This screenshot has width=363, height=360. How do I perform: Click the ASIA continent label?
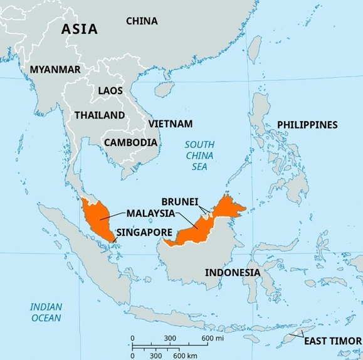79,29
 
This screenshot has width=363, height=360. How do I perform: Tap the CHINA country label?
142,21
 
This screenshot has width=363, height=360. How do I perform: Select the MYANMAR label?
55,70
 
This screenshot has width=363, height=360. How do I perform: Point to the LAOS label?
110,91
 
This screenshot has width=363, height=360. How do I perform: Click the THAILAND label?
100,115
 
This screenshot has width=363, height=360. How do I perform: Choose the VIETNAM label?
170,124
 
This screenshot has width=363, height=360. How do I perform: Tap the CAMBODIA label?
130,142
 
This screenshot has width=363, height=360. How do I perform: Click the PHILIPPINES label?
307,125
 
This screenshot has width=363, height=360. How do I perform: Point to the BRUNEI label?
180,201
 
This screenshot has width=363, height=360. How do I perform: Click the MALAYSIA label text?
150,213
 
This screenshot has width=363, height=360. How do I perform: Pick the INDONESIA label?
233,273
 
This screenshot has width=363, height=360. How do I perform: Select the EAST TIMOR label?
332,341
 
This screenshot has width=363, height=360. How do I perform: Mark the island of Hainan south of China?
164,90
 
